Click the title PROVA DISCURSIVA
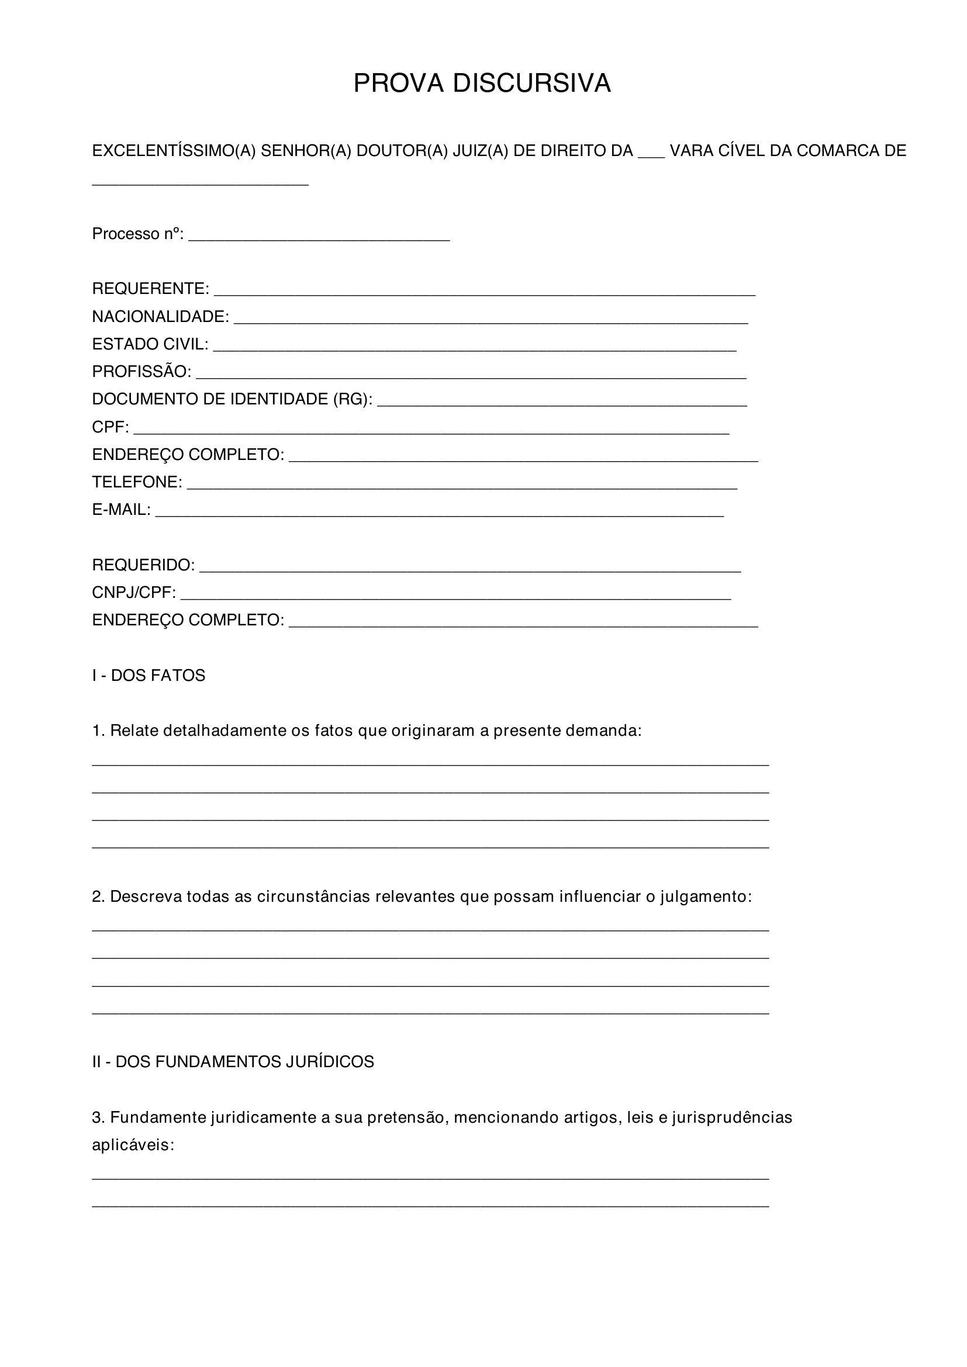click(x=482, y=84)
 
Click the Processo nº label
click(x=137, y=234)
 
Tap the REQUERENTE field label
click(x=151, y=289)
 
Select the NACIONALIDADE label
click(x=160, y=317)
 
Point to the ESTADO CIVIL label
click(x=150, y=344)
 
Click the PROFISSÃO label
click(x=141, y=372)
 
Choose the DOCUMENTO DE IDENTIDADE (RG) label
click(x=232, y=399)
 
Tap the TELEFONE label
click(x=137, y=482)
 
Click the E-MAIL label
click(x=122, y=510)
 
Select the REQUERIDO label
click(x=143, y=565)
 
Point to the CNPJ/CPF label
click(x=134, y=593)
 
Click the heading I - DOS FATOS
click(x=148, y=675)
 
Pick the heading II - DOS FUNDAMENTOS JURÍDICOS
click(x=233, y=1061)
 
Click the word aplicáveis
click(x=132, y=1145)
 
